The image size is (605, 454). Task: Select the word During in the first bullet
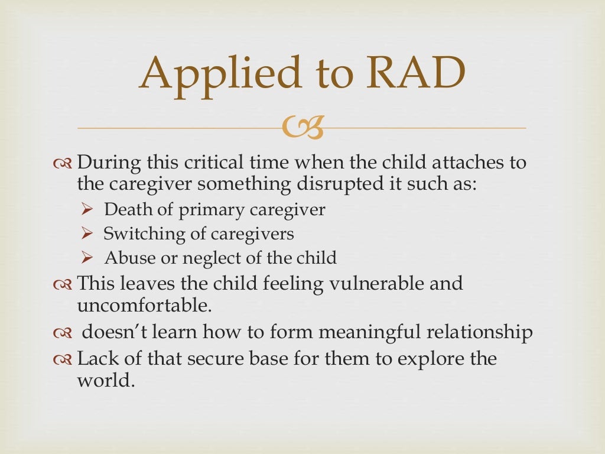coord(108,163)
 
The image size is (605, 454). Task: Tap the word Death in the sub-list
coord(122,210)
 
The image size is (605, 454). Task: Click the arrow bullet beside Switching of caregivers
coord(87,234)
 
